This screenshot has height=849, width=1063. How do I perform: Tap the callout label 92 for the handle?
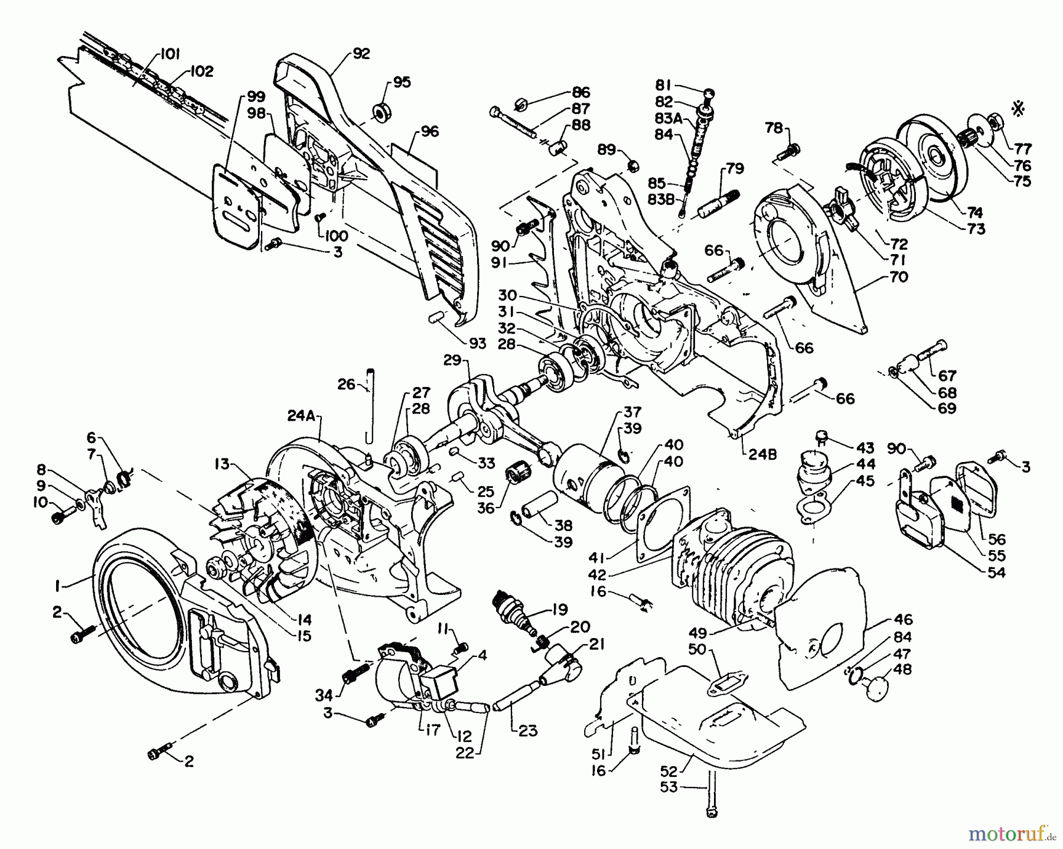(x=360, y=54)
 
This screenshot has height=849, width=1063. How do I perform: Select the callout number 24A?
(x=302, y=416)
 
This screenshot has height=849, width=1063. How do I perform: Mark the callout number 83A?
(x=668, y=118)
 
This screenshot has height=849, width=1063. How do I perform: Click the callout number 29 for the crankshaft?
(x=452, y=360)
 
